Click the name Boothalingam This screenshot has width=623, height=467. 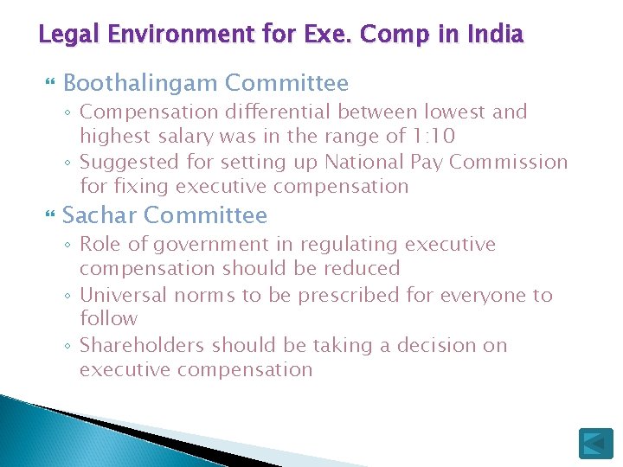click(141, 83)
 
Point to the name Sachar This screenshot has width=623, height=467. click(100, 215)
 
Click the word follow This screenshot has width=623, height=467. click(108, 319)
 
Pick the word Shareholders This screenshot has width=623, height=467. click(143, 345)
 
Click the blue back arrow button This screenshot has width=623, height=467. click(595, 443)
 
